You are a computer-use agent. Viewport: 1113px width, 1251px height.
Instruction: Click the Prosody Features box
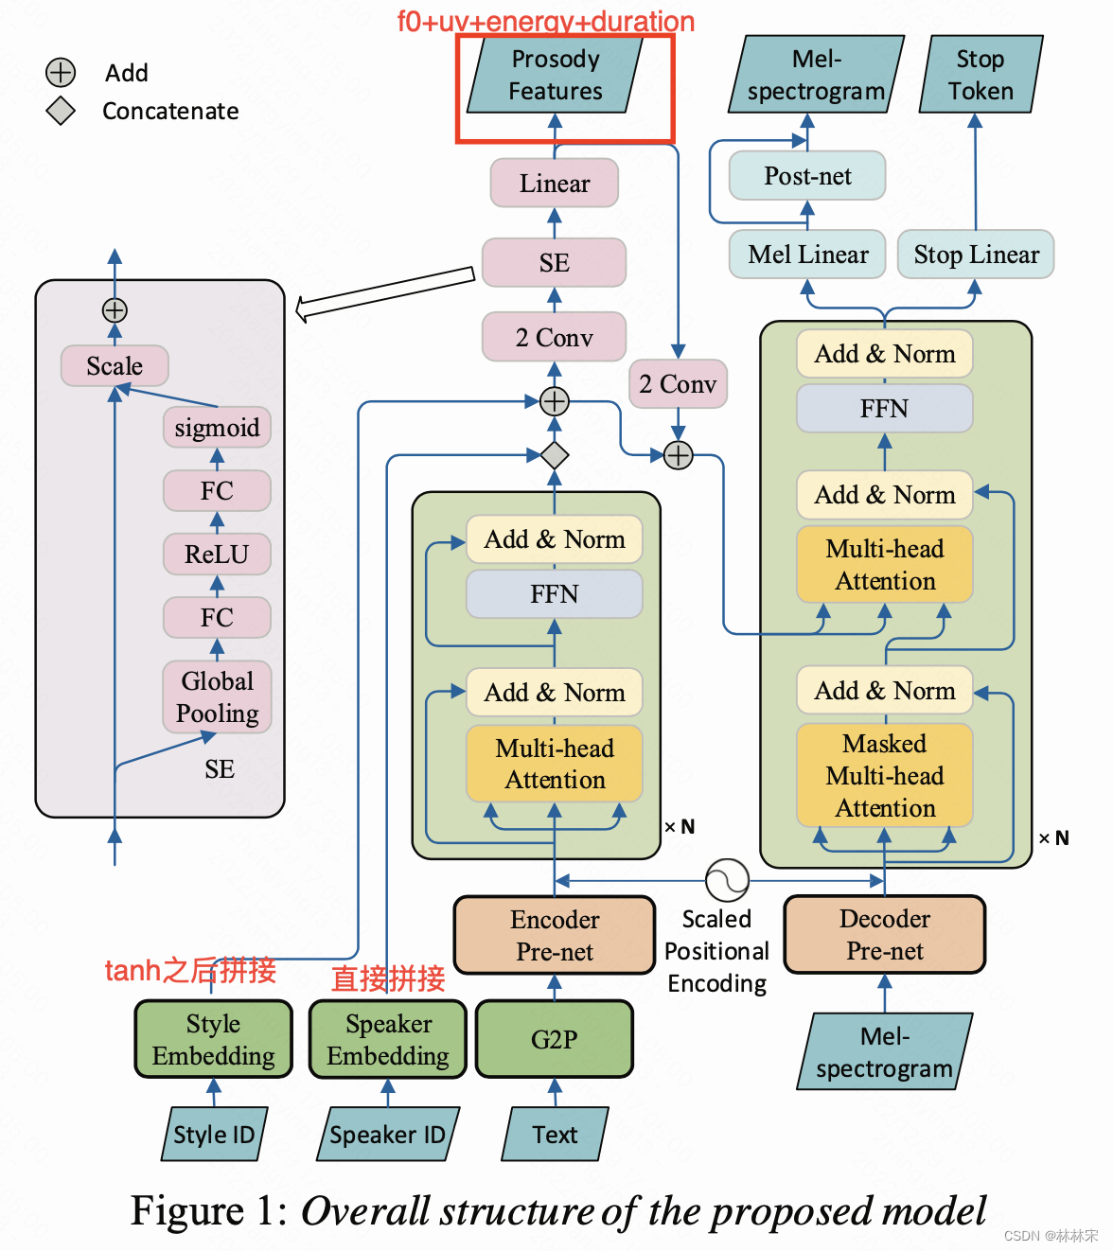pos(556,76)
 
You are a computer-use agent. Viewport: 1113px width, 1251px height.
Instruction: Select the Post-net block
pos(807,176)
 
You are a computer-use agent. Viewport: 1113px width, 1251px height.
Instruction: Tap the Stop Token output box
pos(980,75)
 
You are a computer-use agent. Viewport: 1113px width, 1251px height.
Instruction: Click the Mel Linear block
pos(807,255)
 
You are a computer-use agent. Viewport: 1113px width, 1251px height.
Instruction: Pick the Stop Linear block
pos(976,255)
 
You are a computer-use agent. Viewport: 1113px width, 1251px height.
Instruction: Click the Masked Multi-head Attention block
pos(884,775)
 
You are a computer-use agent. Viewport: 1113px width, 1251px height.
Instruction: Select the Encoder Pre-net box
pos(555,935)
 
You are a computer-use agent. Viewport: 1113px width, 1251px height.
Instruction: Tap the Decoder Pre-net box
pos(884,935)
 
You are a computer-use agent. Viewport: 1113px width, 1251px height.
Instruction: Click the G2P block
pos(554,1039)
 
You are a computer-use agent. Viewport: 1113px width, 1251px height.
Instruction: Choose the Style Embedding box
pos(213,1039)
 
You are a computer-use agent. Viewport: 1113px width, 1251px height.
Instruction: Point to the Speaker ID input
pos(387,1135)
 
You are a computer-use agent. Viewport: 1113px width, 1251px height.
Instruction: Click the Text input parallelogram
pos(555,1135)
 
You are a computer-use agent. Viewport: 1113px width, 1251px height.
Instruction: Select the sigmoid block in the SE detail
pos(217,428)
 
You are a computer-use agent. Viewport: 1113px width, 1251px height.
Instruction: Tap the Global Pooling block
pos(217,697)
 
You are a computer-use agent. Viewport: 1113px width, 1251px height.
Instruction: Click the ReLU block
pos(217,555)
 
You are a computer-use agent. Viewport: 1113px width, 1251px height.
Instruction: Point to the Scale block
pos(115,366)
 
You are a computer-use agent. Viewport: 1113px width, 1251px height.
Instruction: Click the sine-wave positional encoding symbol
pos(727,881)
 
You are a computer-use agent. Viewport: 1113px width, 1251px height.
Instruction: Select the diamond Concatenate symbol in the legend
pos(61,111)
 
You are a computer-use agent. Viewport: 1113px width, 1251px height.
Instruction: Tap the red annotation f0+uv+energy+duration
pos(545,21)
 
